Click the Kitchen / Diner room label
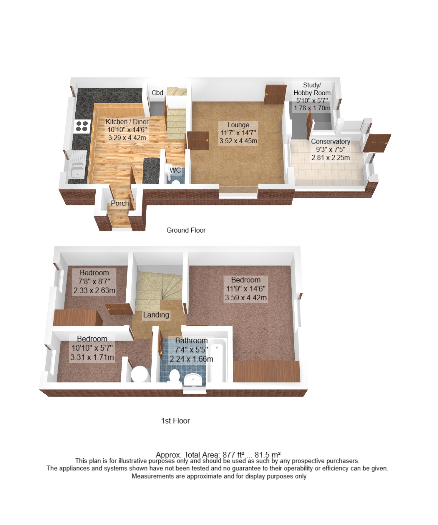[x=127, y=122]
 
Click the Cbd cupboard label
[x=157, y=93]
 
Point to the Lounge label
[x=238, y=125]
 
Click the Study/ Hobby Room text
[x=312, y=89]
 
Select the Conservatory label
[x=331, y=141]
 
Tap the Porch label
[x=120, y=203]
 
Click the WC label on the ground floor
[x=175, y=170]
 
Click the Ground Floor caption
[x=186, y=230]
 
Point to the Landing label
[x=156, y=315]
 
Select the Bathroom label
[x=191, y=341]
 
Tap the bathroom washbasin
[x=193, y=379]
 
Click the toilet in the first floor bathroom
[x=175, y=376]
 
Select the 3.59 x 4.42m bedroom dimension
[x=246, y=298]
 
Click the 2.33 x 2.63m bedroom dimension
[x=94, y=291]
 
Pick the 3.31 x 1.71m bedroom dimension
[x=92, y=357]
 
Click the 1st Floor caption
[x=175, y=421]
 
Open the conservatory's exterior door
[x=377, y=143]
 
